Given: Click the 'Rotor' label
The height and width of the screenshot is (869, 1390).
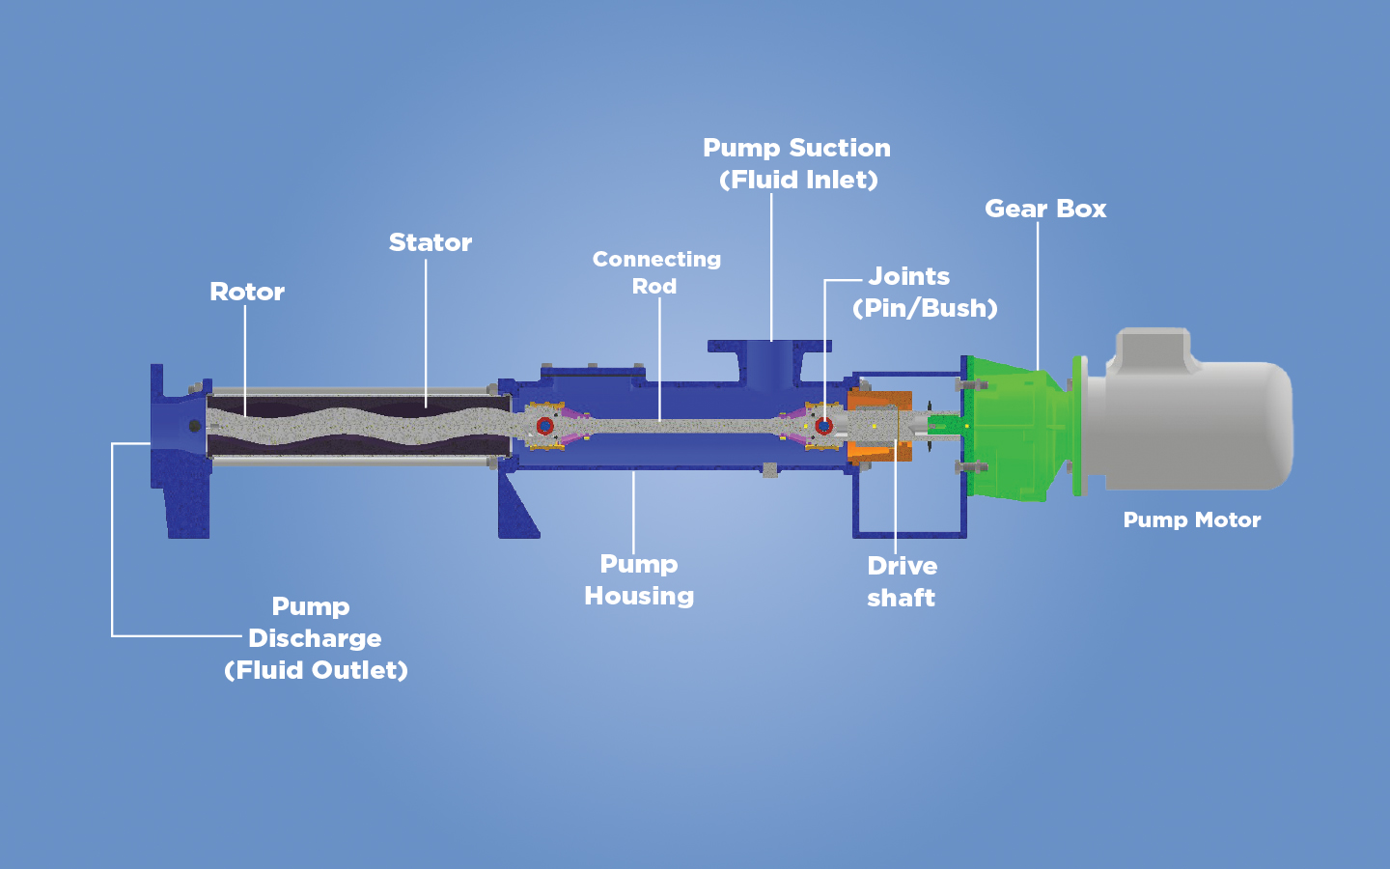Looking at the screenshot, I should click(x=247, y=292).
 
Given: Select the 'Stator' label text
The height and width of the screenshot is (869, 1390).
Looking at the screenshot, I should click(x=431, y=242).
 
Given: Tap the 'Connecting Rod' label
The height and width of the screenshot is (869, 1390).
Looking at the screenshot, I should click(x=656, y=272).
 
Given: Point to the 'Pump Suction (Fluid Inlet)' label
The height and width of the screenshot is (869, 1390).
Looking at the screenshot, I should click(x=797, y=163).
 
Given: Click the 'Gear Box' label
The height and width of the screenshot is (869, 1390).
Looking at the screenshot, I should click(x=1045, y=209).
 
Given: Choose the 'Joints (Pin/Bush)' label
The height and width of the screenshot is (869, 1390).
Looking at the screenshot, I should click(x=924, y=292).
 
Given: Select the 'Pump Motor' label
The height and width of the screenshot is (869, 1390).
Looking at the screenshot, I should click(x=1192, y=519).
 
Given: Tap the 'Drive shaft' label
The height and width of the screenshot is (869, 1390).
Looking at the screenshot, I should click(x=902, y=581).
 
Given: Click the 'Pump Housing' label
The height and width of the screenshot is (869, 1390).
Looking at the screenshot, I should click(x=639, y=579).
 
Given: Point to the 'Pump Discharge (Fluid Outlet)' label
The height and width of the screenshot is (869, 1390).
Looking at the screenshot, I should click(x=315, y=638).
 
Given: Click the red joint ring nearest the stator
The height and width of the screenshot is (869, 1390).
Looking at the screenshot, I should click(x=544, y=426).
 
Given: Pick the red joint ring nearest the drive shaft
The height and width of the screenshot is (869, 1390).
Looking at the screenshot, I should click(x=823, y=426).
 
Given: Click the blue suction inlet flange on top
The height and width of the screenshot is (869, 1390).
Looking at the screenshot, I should click(x=769, y=346).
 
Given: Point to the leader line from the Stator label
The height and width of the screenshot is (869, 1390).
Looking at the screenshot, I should click(x=426, y=328).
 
